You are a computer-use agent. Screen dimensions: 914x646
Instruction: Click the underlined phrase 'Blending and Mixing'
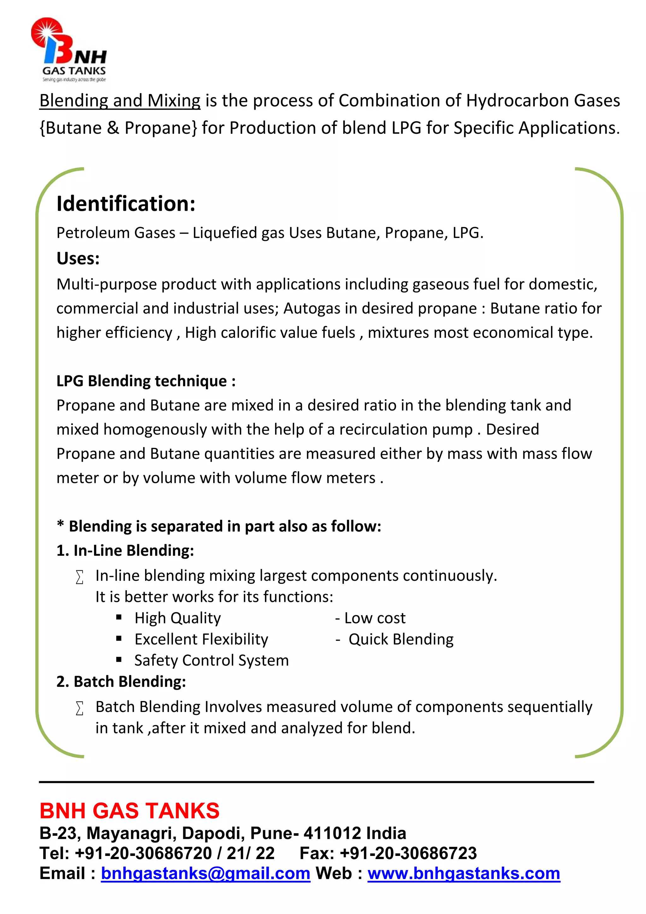120,101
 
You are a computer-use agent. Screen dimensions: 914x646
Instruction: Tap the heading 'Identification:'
126,204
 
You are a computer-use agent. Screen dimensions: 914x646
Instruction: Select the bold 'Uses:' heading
78,258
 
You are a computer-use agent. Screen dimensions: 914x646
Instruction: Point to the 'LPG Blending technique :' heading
146,381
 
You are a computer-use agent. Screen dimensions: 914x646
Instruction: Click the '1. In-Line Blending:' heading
125,550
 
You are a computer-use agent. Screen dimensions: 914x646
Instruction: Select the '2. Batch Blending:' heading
121,681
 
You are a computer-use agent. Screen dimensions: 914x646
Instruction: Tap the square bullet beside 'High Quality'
119,617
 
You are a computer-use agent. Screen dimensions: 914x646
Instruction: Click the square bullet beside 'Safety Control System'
119,660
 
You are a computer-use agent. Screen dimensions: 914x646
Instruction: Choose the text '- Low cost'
370,618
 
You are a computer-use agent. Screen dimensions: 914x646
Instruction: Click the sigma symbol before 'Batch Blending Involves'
79,708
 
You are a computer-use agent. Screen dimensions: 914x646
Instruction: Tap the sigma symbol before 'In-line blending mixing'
79,577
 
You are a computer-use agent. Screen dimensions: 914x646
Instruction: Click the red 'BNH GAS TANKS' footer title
129,810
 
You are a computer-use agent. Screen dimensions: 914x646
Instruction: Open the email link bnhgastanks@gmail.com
205,873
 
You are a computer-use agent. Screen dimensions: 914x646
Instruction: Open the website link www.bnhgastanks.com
463,873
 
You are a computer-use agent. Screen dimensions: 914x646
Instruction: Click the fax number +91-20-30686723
408,853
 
